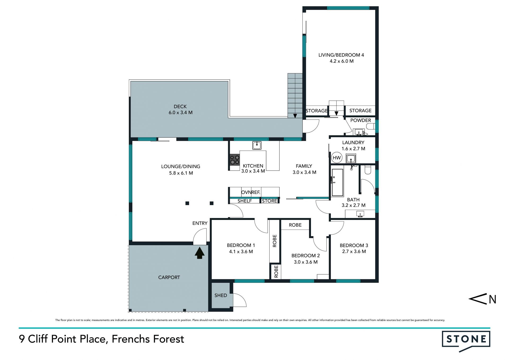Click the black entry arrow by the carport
click(200, 253)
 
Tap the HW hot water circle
click(337, 158)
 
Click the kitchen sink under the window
click(257, 145)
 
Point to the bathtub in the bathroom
click(337, 182)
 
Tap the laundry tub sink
click(351, 159)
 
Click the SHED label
click(221, 295)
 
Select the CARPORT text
click(169, 277)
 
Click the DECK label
click(180, 106)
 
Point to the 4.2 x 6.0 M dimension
click(341, 61)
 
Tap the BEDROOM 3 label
click(354, 245)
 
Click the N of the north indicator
click(492, 299)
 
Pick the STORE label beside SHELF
click(269, 201)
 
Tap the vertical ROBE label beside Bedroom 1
click(275, 241)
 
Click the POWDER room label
click(361, 120)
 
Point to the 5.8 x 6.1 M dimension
click(181, 173)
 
